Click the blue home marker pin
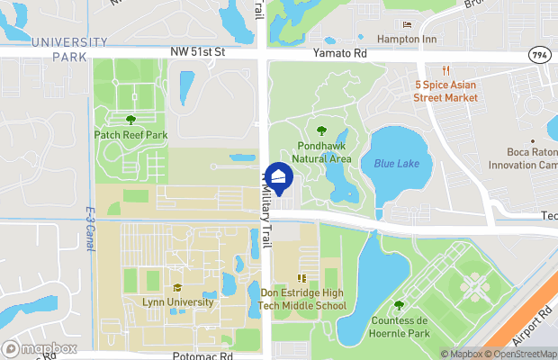coord(279,177)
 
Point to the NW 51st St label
coord(197,54)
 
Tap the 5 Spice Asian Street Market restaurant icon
coord(445,71)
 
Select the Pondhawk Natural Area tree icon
coord(322,131)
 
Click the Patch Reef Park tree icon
coord(131,119)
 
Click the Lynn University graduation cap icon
coord(177,287)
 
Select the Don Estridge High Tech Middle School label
coord(303,300)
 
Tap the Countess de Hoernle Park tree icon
coord(399,305)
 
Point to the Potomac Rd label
coord(203,355)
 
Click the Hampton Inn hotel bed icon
coord(407,24)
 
